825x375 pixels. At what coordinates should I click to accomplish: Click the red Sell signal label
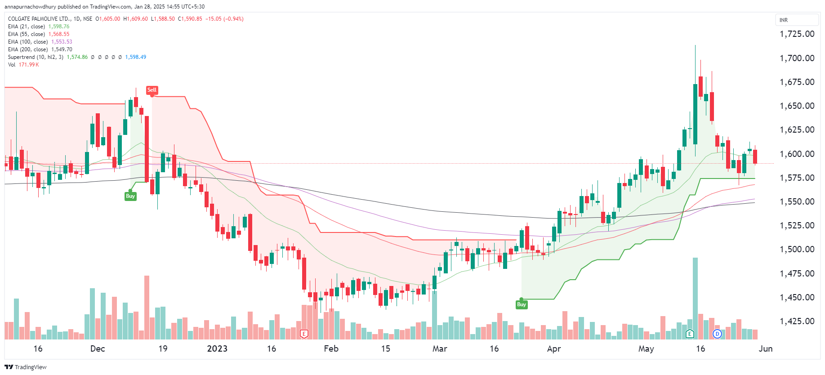tap(152, 90)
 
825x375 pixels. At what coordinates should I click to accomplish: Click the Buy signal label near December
tap(130, 196)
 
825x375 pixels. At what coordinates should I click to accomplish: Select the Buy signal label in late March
tap(521, 304)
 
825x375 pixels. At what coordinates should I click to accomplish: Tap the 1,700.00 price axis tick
tap(797, 58)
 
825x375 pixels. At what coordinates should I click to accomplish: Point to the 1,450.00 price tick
tap(797, 297)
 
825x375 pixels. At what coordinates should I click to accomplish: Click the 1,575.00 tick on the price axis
tap(797, 178)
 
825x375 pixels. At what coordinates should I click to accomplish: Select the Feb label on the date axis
tap(331, 348)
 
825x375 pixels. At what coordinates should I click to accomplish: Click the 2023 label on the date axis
tap(217, 348)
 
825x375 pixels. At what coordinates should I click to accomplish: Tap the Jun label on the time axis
tap(765, 348)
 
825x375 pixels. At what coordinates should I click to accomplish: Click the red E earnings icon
tap(304, 334)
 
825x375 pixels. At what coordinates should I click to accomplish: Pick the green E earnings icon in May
tap(690, 334)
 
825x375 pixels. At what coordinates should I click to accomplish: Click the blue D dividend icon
tap(717, 334)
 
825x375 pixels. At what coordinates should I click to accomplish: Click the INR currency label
tap(784, 20)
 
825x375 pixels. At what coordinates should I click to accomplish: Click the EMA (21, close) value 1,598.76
tap(59, 27)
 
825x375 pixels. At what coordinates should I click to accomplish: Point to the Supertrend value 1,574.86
tap(77, 57)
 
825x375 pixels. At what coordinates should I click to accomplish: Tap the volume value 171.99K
tap(29, 65)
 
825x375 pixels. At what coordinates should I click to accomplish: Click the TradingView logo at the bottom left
tap(26, 367)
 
